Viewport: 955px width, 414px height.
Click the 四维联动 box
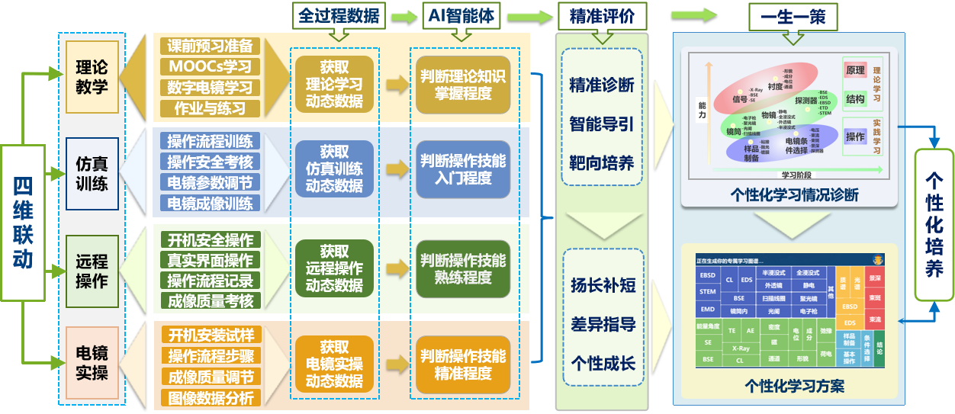point(22,222)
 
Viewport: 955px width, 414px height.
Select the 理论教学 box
point(92,77)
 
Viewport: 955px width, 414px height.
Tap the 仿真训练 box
point(92,174)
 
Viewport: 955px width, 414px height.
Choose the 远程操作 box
point(92,271)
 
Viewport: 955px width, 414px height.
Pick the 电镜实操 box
point(92,363)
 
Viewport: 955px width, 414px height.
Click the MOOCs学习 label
point(210,66)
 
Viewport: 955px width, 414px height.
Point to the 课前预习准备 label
point(210,46)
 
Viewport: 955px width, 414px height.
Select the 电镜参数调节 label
point(210,182)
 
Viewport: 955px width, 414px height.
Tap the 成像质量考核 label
point(210,300)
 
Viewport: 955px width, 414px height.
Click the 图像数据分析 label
point(210,397)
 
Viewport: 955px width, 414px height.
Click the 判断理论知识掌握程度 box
point(462,85)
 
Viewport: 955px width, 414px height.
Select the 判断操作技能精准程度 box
point(462,364)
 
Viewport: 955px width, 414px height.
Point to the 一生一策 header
point(793,15)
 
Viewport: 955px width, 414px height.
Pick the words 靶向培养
point(601,162)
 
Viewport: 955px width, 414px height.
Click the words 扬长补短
point(603,285)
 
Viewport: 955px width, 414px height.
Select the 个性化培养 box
point(934,224)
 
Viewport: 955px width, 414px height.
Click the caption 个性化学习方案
point(794,386)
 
